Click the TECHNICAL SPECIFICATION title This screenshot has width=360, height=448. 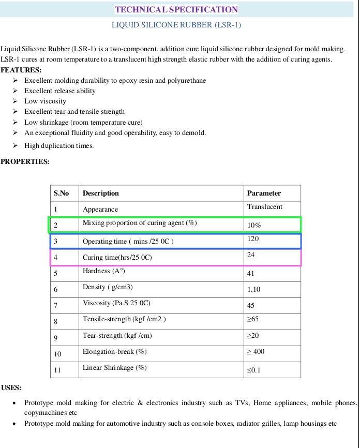click(x=176, y=9)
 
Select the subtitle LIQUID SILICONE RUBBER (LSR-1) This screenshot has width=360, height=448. click(x=176, y=25)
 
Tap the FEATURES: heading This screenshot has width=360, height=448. click(x=21, y=70)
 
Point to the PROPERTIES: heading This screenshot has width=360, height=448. click(x=25, y=161)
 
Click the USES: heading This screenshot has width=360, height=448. click(x=11, y=387)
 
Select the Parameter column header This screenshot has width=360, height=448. click(x=264, y=193)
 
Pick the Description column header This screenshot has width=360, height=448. click(x=101, y=193)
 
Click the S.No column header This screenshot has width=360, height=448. click(x=61, y=193)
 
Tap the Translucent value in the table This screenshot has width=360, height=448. click(x=265, y=207)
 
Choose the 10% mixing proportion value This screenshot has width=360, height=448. click(x=254, y=226)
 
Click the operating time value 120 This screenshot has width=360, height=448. click(x=253, y=240)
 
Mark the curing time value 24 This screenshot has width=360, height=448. click(x=251, y=255)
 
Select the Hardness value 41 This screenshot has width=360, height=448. click(x=251, y=273)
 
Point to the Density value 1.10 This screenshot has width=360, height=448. click(x=253, y=289)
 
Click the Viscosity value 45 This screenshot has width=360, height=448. click(x=251, y=305)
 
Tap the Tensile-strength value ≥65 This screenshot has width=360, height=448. click(x=253, y=320)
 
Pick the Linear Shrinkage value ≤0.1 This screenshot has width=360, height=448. click(x=254, y=370)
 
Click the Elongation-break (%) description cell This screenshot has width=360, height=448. click(x=115, y=352)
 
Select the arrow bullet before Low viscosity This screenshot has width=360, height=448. click(x=16, y=101)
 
